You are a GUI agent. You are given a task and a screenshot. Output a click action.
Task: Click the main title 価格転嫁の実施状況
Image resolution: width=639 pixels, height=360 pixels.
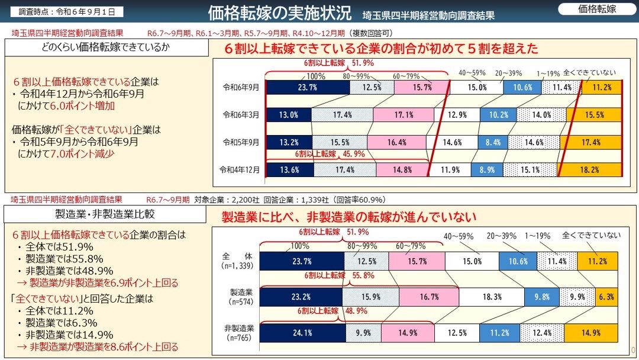pyautogui.click(x=280, y=12)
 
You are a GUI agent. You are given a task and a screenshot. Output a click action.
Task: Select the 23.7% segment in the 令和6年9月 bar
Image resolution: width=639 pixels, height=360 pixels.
pyautogui.click(x=308, y=88)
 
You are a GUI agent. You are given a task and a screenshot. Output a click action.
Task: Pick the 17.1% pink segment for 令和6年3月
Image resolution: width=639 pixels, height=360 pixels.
pyautogui.click(x=403, y=115)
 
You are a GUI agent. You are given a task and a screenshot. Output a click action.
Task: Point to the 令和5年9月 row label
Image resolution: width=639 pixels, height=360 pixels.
pyautogui.click(x=241, y=142)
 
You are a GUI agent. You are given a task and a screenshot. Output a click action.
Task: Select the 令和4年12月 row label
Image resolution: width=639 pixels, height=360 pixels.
pyautogui.click(x=240, y=169)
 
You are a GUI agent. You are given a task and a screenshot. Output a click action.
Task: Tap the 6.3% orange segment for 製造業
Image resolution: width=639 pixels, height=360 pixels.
pyautogui.click(x=609, y=296)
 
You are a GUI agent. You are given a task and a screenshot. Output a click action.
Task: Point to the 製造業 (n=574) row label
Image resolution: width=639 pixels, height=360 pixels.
pyautogui.click(x=241, y=297)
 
